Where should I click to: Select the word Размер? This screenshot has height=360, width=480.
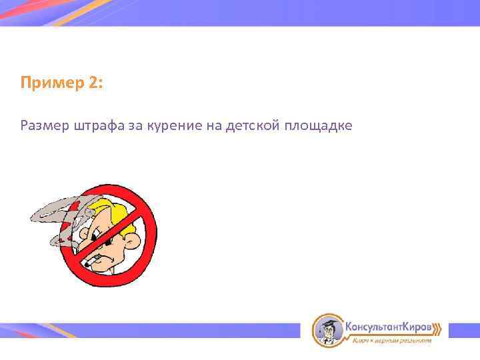[x=44, y=126]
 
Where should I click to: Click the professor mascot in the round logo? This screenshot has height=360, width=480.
[x=328, y=330]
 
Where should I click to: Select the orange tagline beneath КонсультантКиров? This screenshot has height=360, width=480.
[x=392, y=341]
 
